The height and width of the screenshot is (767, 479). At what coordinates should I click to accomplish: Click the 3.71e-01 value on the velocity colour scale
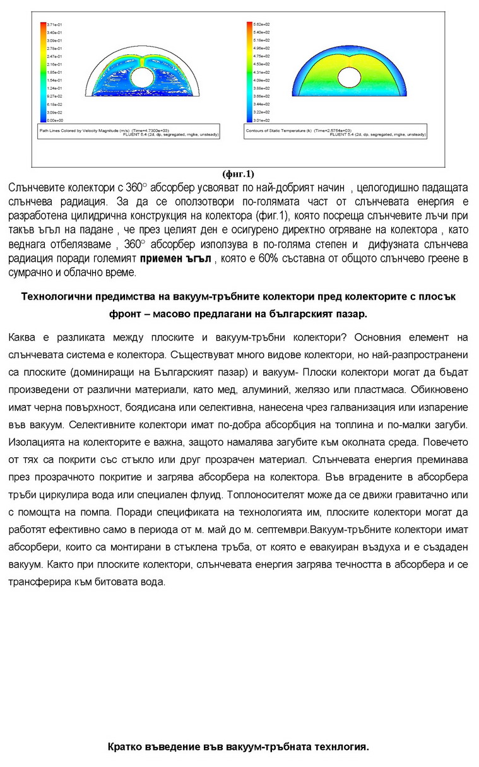[x=53, y=23]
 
